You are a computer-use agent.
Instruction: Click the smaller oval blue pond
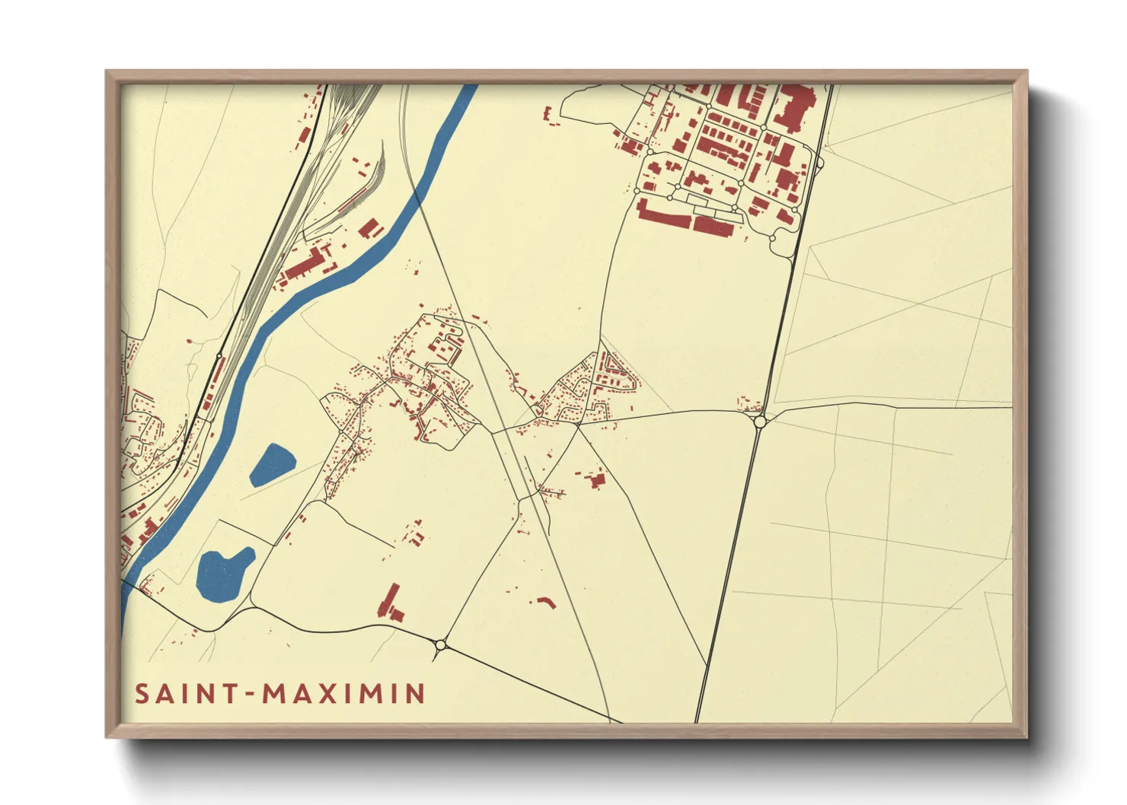(x=272, y=464)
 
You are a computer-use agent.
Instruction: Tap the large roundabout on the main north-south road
(x=759, y=421)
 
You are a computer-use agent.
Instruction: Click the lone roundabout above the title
(x=440, y=645)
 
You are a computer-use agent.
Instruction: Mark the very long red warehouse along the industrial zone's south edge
(x=664, y=213)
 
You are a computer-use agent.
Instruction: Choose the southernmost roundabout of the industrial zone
(x=772, y=239)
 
